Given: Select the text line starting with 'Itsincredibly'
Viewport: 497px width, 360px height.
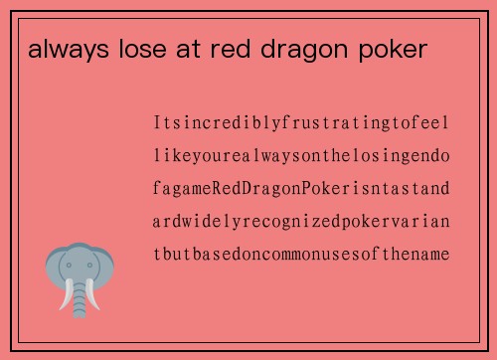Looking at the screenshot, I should coord(301,124).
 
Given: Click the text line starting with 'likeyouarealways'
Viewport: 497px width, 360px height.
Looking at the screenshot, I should coord(301,156).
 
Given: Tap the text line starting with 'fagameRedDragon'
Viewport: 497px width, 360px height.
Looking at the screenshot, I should coord(301,188).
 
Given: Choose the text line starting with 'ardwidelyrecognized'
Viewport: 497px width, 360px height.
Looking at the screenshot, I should coord(301,221).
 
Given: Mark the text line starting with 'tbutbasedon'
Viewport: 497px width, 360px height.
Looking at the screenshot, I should coord(301,254).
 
